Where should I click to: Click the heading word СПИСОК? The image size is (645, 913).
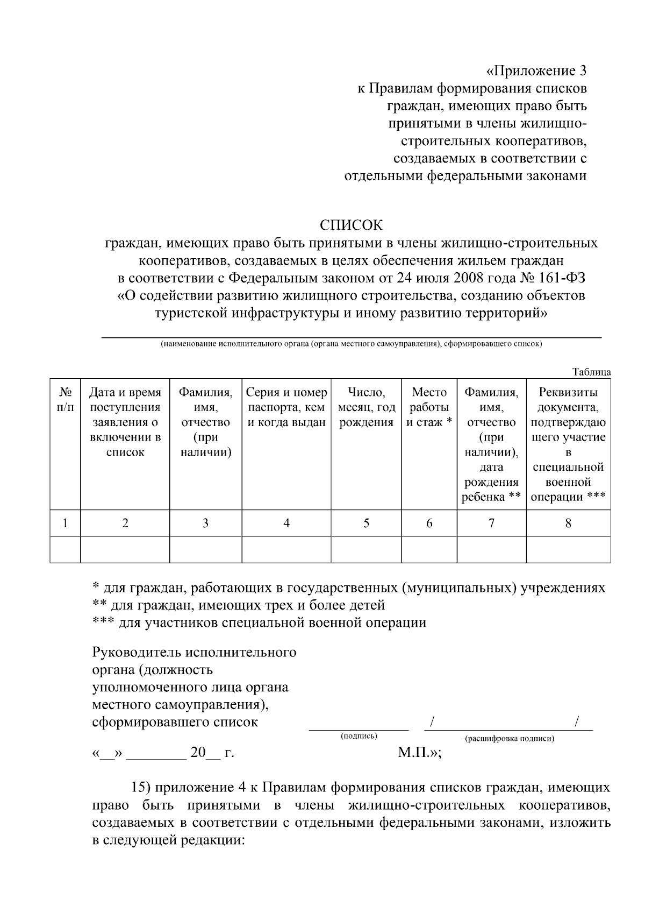coord(352,224)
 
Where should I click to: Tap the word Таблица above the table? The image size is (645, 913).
coord(591,372)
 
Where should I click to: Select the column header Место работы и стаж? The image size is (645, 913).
coord(429,407)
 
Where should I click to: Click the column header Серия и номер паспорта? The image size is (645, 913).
coord(286,407)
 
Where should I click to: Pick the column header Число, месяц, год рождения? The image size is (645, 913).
coord(366,407)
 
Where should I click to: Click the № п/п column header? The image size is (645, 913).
coord(65,400)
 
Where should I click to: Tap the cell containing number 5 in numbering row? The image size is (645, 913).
coord(366,523)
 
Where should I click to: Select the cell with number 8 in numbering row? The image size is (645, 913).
coord(568,523)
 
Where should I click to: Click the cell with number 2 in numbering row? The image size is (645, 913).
coord(125,523)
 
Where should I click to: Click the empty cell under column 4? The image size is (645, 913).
coord(286,549)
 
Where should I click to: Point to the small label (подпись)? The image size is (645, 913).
coord(359,735)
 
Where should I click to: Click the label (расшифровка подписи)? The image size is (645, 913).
coord(509,738)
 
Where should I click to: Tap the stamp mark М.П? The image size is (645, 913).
coord(417,752)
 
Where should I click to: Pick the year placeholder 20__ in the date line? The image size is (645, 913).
coord(205,753)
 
